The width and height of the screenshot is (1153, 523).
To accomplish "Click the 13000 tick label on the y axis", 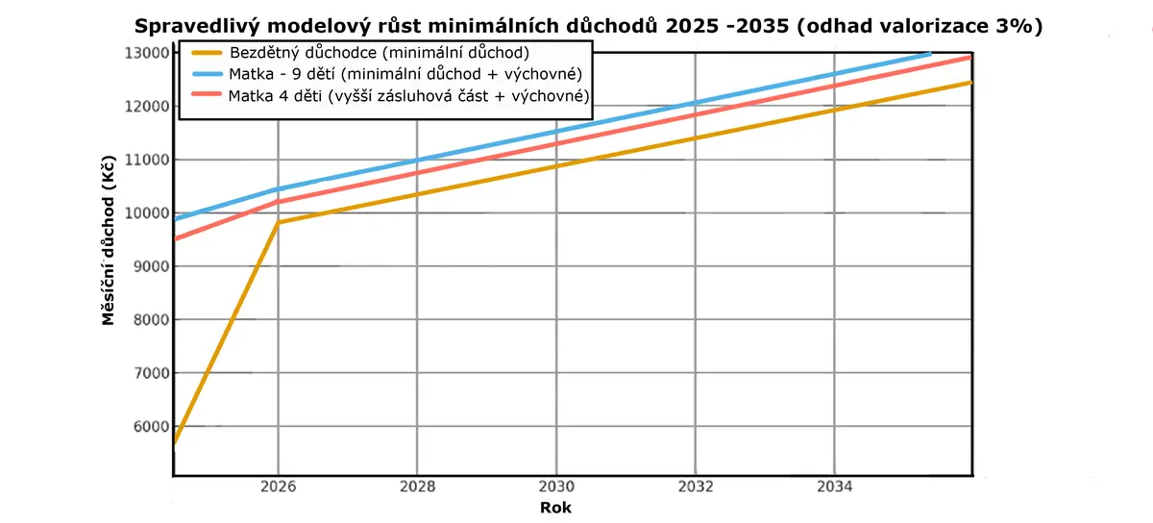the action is [x=147, y=53].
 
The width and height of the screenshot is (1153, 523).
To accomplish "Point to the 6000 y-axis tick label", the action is [x=151, y=427].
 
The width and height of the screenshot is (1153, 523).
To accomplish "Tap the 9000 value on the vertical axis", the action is [x=151, y=266].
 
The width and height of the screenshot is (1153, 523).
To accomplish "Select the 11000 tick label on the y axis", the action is [x=147, y=160].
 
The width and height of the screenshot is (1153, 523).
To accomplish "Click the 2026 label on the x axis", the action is [x=278, y=486].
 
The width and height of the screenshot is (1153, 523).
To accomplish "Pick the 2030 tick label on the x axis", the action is [x=556, y=486].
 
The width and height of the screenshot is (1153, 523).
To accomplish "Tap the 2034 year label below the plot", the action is [x=834, y=486].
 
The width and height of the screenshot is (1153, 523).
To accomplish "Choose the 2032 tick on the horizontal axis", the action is [x=696, y=486].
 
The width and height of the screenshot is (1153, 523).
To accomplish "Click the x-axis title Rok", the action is [x=555, y=508].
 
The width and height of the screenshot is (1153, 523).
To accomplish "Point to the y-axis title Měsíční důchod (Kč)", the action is [x=108, y=240].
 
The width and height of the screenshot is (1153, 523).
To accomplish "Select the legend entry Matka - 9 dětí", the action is [x=405, y=74].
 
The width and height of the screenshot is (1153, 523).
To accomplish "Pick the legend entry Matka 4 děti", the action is [x=408, y=96].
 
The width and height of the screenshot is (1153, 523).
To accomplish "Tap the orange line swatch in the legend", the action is [x=207, y=53].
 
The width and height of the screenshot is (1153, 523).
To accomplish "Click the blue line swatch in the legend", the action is [x=207, y=74].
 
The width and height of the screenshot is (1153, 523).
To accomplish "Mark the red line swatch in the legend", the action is [x=207, y=94].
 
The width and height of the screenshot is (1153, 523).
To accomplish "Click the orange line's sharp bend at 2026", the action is [x=278, y=222].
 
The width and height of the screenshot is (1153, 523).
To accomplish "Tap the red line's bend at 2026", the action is [x=278, y=202].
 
